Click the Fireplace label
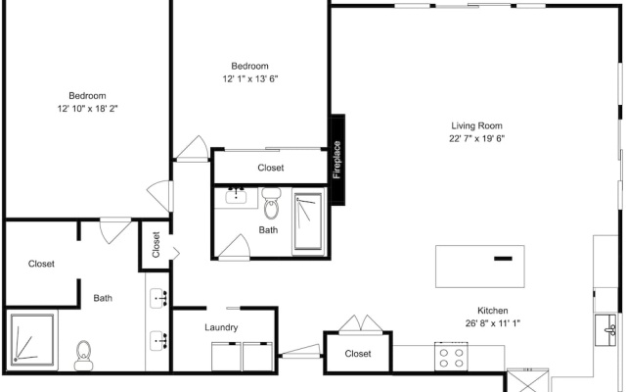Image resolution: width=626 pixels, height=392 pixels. point(336,160)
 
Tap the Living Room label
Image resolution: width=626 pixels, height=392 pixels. point(476,125)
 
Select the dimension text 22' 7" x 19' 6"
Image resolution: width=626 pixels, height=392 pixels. point(476,138)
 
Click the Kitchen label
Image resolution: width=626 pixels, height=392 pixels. point(493,311)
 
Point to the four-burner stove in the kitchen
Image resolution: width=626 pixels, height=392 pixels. point(451,357)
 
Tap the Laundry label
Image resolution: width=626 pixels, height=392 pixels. point(221,327)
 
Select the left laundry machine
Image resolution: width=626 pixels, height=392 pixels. point(226,357)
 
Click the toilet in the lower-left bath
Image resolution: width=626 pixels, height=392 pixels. point(83,356)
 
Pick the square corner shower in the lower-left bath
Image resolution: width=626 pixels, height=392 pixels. point(32,340)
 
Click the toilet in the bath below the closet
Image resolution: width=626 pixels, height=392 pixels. point(272,204)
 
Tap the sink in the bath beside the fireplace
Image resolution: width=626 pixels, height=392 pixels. point(236,196)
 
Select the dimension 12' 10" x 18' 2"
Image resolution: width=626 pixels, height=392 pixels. point(87,109)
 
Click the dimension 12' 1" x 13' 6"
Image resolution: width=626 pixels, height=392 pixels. point(250,78)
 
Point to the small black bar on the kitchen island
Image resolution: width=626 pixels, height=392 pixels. point(503,259)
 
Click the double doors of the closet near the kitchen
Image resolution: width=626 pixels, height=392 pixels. point(361,323)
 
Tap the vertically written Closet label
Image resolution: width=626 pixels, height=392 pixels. point(156,245)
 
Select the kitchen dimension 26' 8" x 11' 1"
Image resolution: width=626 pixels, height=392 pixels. point(493,323)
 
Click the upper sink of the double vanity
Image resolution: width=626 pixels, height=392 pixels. point(158,298)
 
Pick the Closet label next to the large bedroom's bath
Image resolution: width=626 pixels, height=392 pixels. point(41,264)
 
